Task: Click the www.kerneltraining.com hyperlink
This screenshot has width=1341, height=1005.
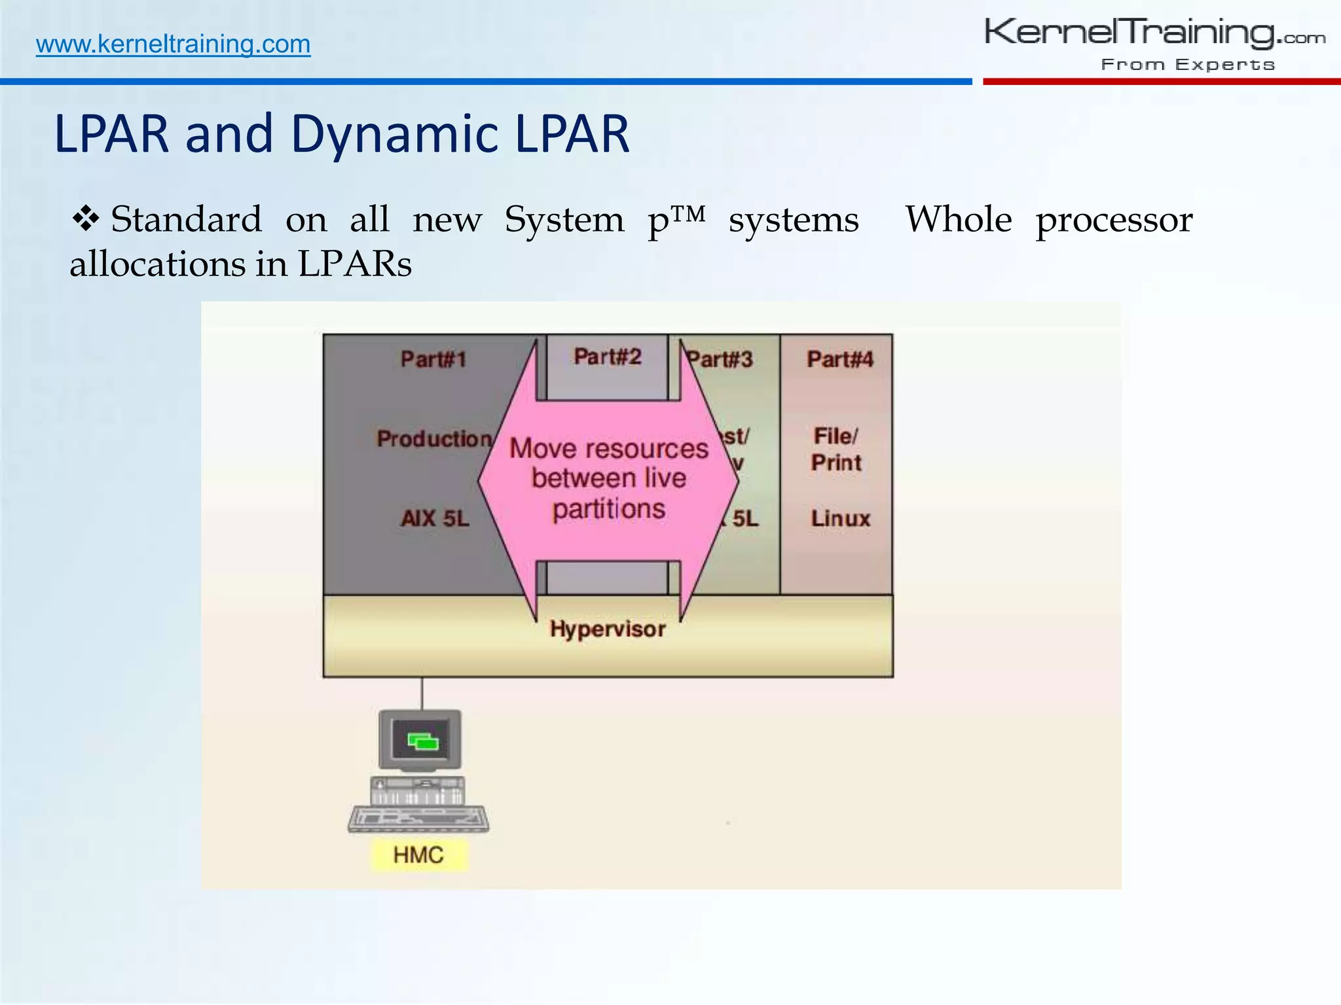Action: tap(173, 44)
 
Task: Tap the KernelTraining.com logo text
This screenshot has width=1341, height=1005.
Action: tap(1154, 33)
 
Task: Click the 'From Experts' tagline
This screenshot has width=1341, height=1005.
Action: tap(1188, 64)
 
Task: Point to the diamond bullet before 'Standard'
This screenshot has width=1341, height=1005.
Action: tap(85, 219)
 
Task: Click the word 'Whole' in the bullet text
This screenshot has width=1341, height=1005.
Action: tap(959, 220)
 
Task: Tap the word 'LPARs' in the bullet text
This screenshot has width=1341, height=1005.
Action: tap(355, 264)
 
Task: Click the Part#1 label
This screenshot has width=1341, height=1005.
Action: tap(433, 359)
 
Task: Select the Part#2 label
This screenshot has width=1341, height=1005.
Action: tap(608, 357)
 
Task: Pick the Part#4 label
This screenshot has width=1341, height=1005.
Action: tap(840, 359)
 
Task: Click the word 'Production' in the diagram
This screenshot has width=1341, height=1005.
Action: tap(433, 438)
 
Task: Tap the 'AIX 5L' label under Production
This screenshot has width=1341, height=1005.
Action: tap(435, 518)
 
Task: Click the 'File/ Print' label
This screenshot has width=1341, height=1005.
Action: tap(836, 450)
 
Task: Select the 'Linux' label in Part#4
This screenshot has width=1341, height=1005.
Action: tap(841, 518)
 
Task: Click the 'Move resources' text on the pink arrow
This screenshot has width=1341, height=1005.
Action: tap(609, 449)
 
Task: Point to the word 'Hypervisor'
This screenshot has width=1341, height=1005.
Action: tap(608, 629)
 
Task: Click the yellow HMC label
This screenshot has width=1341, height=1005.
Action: tap(419, 855)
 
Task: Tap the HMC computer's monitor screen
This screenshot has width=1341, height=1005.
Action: tap(420, 739)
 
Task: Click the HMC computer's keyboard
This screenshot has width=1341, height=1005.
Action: tap(418, 819)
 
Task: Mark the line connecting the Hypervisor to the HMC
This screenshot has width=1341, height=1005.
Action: tap(422, 694)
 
